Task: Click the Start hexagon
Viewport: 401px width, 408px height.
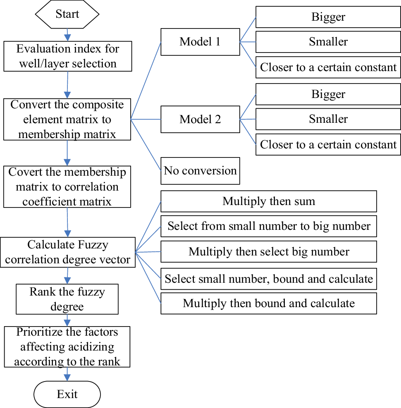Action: pos(67,14)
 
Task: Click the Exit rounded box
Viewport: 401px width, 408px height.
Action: pos(67,394)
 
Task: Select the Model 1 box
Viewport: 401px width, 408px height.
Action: pos(200,42)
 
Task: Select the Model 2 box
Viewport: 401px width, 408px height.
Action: pos(200,119)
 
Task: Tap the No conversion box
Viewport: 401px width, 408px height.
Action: pos(200,171)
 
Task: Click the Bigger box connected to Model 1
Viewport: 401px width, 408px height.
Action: pos(328,17)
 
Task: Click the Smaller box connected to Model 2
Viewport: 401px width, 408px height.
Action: pos(328,119)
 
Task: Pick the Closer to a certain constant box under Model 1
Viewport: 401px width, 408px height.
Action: pos(328,67)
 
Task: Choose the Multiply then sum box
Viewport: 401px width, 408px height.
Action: pos(269,201)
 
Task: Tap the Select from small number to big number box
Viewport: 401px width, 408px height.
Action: pos(269,227)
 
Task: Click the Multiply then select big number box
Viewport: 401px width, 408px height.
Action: pos(269,252)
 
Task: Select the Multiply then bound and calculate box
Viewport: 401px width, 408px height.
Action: pos(269,303)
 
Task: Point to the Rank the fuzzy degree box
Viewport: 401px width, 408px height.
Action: pos(67,299)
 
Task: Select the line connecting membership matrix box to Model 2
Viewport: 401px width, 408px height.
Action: pos(146,119)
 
